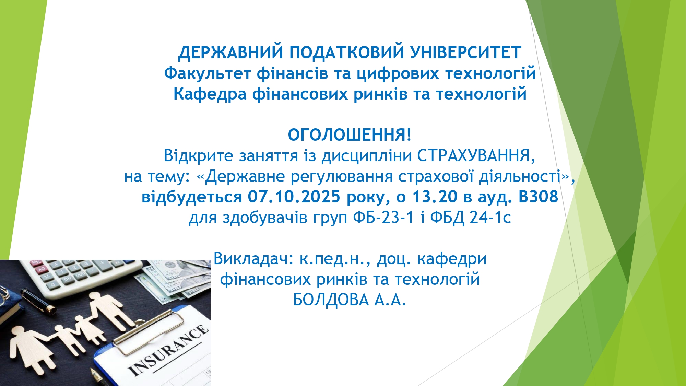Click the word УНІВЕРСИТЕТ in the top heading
pyautogui.click(x=466, y=52)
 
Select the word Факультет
pyautogui.click(x=208, y=73)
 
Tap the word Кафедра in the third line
pyautogui.click(x=210, y=94)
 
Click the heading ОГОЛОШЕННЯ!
pyautogui.click(x=350, y=135)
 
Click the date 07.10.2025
pyautogui.click(x=294, y=197)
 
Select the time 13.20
pyautogui.click(x=435, y=197)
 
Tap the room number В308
pyautogui.click(x=538, y=197)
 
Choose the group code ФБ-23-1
pyautogui.click(x=383, y=218)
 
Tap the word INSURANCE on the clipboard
pyautogui.click(x=168, y=350)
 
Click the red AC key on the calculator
pyautogui.click(x=42, y=270)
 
